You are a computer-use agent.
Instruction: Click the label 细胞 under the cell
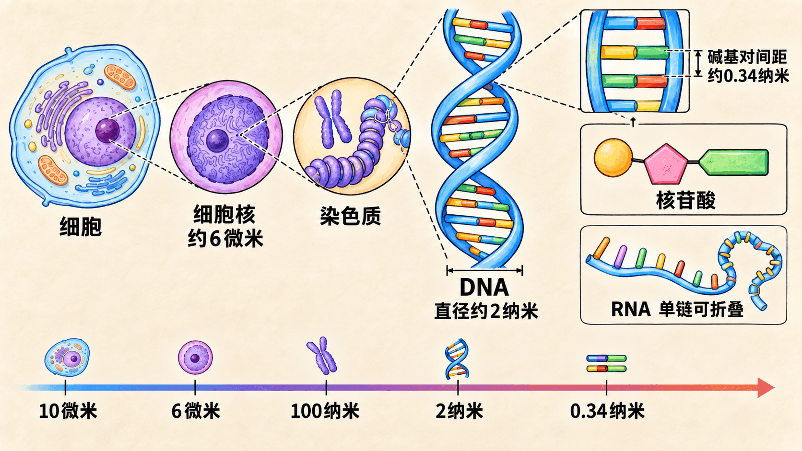coord(81,226)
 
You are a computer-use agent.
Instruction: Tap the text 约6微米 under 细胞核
coord(225,239)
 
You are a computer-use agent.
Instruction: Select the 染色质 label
coord(350,216)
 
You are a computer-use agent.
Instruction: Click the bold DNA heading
coord(484,287)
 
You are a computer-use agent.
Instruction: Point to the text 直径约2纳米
coord(486,311)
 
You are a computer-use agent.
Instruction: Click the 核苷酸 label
coord(685,200)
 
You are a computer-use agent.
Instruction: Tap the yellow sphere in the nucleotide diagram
coord(613,158)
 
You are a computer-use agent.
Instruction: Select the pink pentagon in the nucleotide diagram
coord(666,164)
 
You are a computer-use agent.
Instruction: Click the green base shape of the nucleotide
coord(733,162)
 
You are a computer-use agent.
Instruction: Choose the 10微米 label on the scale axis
coord(68,411)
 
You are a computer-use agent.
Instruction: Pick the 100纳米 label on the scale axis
coord(325,411)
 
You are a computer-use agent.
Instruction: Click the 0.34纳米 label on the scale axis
coord(607,411)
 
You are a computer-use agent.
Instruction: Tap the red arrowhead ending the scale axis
coord(766,388)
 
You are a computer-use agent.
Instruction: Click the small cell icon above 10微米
coord(67,357)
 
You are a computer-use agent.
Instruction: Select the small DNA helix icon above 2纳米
coord(457,359)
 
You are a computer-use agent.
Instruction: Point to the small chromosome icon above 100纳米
coord(322,356)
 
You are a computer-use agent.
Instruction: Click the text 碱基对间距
coord(747,57)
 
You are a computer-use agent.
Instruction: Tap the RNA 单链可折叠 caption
coord(677,309)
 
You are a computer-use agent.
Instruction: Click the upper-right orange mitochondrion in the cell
coord(120,77)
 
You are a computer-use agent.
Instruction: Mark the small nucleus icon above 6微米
coord(196,357)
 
